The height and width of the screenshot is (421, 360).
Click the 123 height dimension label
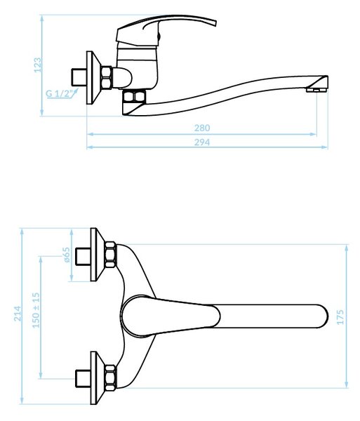[x=38, y=65]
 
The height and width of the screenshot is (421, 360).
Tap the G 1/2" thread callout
[x=60, y=94]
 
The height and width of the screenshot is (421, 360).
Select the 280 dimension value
[x=202, y=128]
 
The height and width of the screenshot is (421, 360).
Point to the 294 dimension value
[x=202, y=142]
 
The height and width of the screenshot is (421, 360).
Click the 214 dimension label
[x=18, y=313]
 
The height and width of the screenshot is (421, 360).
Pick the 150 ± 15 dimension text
[x=36, y=310]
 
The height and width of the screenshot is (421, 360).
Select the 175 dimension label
[x=340, y=317]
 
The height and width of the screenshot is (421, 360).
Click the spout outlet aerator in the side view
[x=316, y=89]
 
